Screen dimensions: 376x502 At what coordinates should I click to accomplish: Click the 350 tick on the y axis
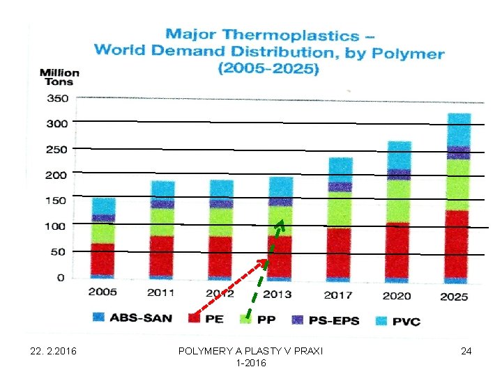click(58, 99)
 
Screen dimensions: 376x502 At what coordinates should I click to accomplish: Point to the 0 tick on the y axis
click(60, 278)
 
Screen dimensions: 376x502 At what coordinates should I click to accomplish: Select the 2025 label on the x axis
click(454, 296)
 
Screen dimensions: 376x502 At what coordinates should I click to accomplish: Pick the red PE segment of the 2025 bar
click(456, 244)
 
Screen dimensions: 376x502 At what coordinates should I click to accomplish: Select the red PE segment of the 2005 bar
click(103, 258)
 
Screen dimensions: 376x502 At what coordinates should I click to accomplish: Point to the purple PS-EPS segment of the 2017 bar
click(340, 187)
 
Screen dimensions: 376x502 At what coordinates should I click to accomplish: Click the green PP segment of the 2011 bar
click(162, 221)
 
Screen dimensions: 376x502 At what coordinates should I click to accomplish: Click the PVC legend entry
click(395, 320)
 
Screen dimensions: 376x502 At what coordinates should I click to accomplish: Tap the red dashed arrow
click(230, 285)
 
